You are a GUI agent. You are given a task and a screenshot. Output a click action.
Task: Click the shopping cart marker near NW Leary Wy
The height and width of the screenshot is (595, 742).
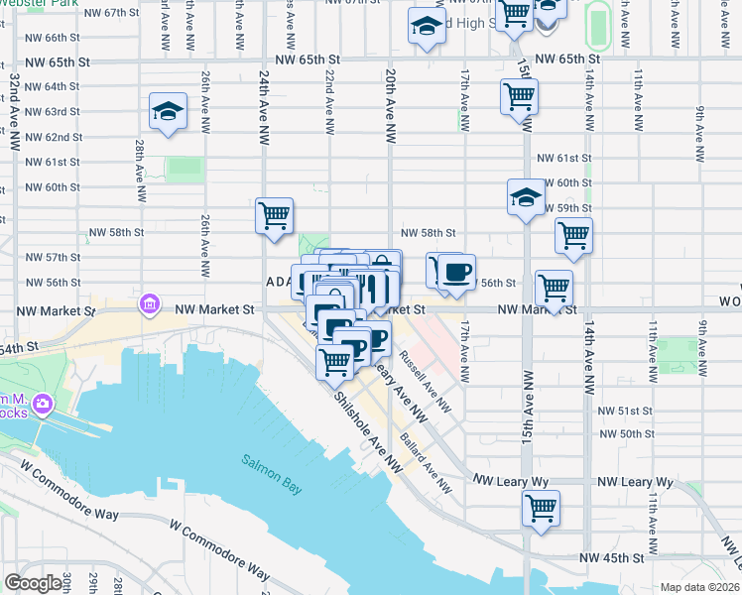pyautogui.click(x=541, y=509)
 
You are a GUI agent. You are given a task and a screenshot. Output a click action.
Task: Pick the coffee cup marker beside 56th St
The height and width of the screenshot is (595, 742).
pyautogui.click(x=456, y=273)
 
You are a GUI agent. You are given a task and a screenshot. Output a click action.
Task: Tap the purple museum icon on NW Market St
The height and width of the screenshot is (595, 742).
pyautogui.click(x=149, y=302)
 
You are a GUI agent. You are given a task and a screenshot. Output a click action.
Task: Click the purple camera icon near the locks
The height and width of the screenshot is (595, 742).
pyautogui.click(x=43, y=404)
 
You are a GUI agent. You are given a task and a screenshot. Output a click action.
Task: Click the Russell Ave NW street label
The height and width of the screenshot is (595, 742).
pyautogui.click(x=425, y=380)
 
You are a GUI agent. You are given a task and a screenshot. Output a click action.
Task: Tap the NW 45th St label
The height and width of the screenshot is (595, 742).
pyautogui.click(x=619, y=557)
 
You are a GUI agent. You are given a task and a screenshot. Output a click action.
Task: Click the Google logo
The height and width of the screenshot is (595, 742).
pyautogui.click(x=33, y=583)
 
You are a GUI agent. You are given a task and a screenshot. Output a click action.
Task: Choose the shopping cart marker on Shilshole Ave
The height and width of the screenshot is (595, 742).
pyautogui.click(x=335, y=361)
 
